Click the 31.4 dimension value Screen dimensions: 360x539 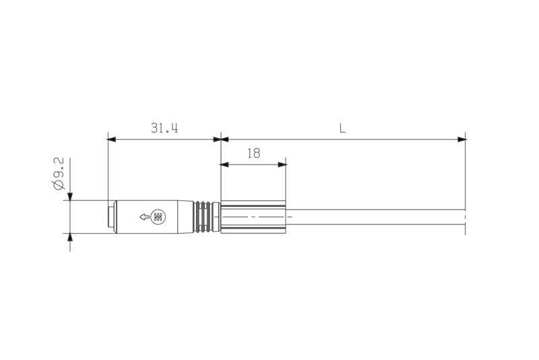[164, 128]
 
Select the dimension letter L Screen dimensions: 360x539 [342, 128]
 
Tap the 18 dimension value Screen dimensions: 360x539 [253, 153]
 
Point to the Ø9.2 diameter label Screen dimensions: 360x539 [59, 174]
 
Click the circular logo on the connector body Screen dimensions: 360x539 [159, 217]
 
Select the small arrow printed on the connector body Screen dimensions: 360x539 [144, 217]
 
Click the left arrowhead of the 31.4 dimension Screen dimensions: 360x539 [112, 140]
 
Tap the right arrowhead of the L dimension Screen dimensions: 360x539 [462, 140]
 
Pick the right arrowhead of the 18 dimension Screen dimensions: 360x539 [282, 164]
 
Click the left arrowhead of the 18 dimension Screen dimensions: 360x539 [225, 164]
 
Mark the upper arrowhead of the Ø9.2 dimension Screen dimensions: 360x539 [70, 196]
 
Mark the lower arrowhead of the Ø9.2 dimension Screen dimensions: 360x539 [70, 238]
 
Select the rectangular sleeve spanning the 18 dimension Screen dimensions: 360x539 [253, 217]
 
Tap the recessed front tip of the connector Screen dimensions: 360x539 [110, 217]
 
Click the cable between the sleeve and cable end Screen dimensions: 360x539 [377, 217]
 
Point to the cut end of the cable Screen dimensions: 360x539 [465, 217]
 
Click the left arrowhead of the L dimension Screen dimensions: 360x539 [226, 140]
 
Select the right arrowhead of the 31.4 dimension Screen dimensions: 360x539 [217, 140]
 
